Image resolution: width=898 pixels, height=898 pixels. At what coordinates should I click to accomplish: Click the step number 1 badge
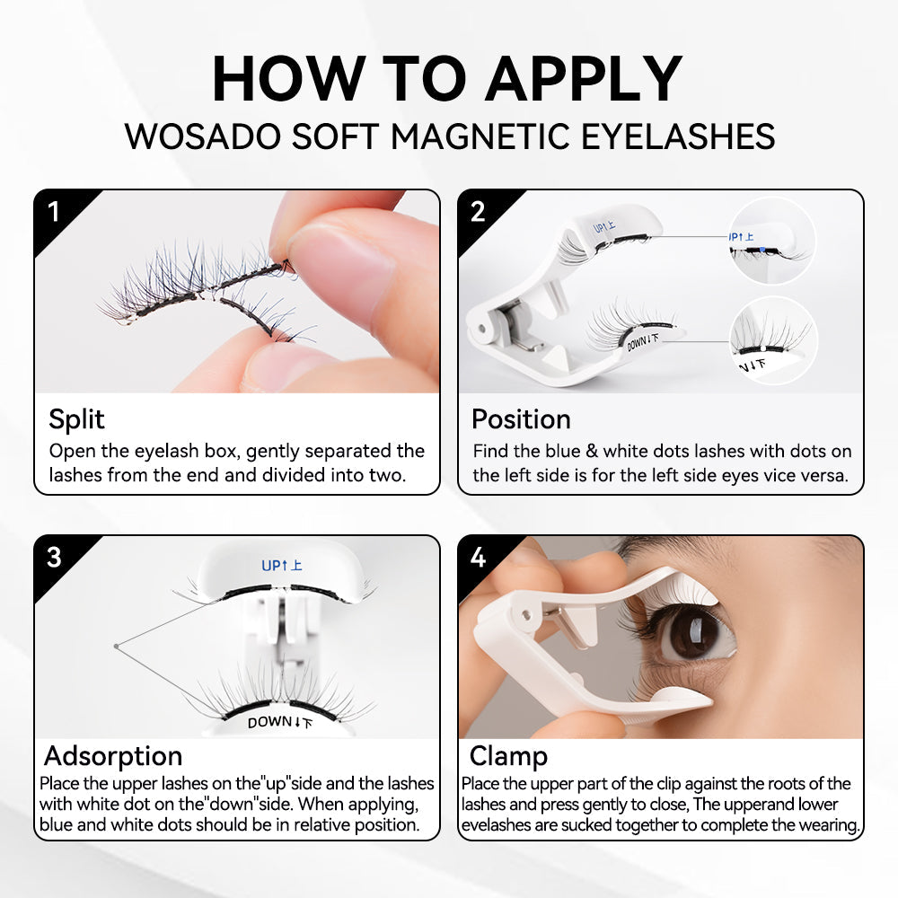tap(54, 212)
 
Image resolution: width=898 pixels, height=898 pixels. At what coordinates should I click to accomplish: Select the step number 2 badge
tap(478, 212)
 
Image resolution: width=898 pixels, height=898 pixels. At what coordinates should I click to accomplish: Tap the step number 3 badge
tap(54, 557)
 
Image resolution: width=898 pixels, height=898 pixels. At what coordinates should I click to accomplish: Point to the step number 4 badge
tap(478, 557)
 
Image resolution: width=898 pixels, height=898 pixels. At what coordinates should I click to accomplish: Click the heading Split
tap(76, 419)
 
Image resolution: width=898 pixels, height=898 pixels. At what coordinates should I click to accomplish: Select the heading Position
tap(521, 419)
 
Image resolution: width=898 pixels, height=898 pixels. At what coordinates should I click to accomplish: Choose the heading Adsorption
tap(113, 755)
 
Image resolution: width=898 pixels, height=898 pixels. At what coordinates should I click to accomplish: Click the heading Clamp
tap(508, 755)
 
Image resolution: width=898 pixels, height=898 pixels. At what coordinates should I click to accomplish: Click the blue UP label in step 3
tap(281, 566)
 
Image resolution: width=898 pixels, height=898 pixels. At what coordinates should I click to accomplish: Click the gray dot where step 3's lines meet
tap(116, 646)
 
